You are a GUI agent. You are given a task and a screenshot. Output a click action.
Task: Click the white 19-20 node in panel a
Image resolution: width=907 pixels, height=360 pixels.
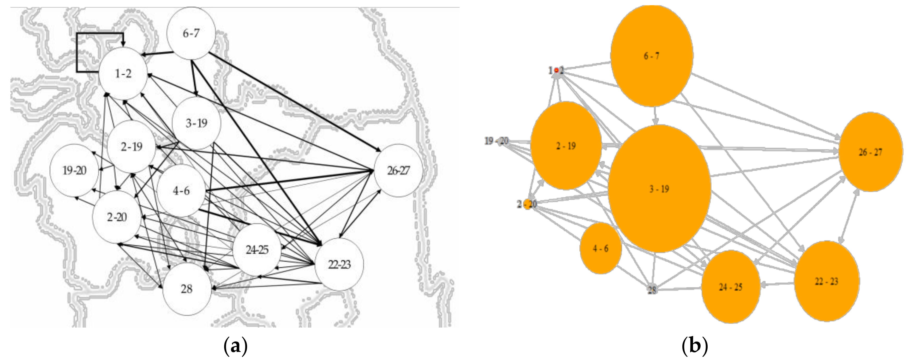pyautogui.click(x=74, y=171)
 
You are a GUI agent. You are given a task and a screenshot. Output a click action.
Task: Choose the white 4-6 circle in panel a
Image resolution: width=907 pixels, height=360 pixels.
pyautogui.click(x=181, y=191)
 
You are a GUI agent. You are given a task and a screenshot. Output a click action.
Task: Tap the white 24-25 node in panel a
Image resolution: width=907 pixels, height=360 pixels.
pyautogui.click(x=257, y=250)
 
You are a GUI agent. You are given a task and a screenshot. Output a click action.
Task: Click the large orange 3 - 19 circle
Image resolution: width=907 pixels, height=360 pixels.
pyautogui.click(x=659, y=189)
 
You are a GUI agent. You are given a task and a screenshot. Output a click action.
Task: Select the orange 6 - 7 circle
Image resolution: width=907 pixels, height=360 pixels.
pyautogui.click(x=652, y=56)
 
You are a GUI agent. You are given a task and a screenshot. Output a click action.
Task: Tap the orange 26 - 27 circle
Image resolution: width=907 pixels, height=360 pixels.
pyautogui.click(x=871, y=152)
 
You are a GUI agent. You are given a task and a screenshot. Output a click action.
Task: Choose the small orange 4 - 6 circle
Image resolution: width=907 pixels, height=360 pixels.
pyautogui.click(x=601, y=248)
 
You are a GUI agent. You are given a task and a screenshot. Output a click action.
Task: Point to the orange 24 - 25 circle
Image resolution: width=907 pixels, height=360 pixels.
pyautogui.click(x=731, y=287)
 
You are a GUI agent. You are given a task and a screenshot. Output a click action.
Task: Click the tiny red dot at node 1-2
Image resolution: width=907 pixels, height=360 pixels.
pyautogui.click(x=556, y=71)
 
